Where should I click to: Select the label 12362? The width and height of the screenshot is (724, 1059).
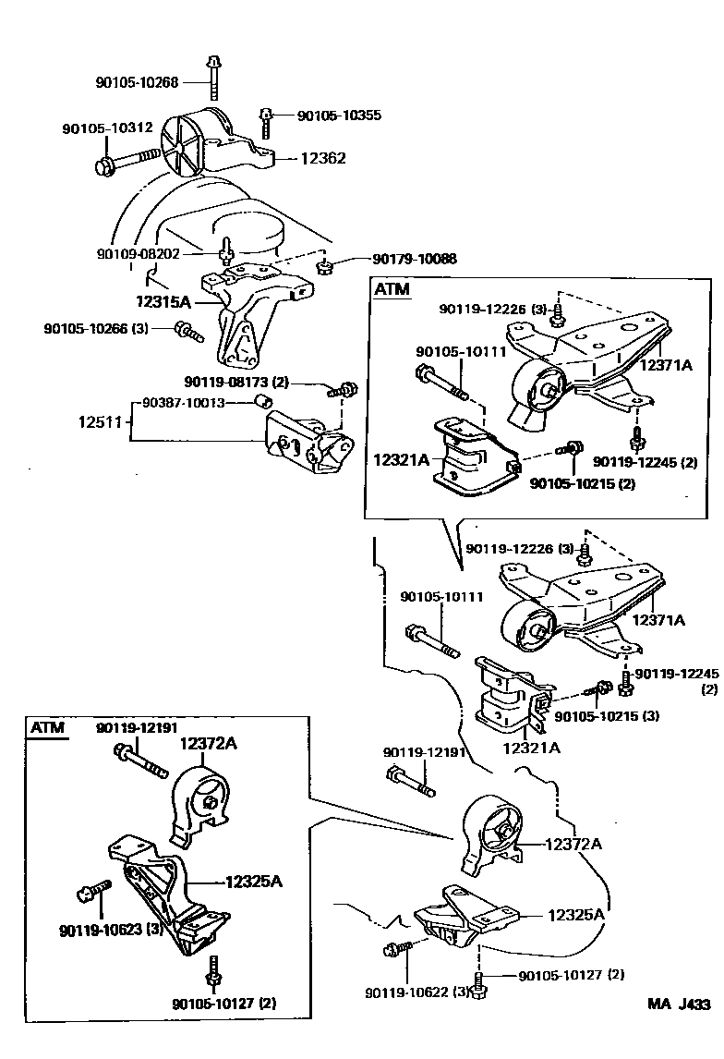pos(322,158)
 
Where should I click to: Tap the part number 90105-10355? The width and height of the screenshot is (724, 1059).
pos(339,116)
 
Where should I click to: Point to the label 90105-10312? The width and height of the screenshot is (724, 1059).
pos(107,128)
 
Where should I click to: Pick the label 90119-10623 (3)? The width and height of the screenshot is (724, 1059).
pos(103,930)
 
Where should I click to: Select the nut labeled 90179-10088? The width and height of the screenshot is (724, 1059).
pos(324,268)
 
